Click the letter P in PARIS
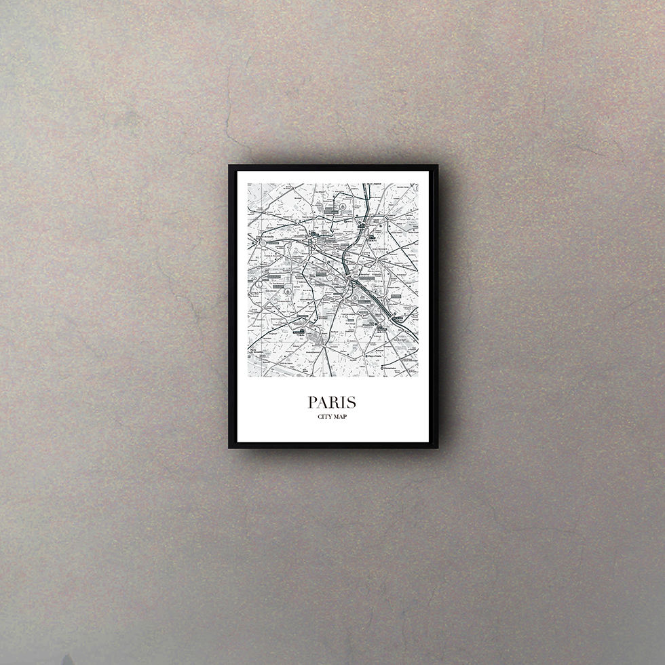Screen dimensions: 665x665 [314, 402]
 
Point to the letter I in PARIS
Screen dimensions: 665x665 [345, 402]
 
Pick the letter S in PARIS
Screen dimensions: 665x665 [353, 402]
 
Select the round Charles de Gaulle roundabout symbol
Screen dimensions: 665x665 [261, 242]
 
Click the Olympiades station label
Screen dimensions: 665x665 [392, 370]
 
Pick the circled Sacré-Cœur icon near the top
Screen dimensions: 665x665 [343, 205]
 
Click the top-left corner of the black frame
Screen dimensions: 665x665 [229, 165]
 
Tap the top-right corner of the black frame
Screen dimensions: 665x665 [438, 165]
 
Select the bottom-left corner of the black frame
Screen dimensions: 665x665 [229, 449]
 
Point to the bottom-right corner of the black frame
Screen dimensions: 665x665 [438, 449]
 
